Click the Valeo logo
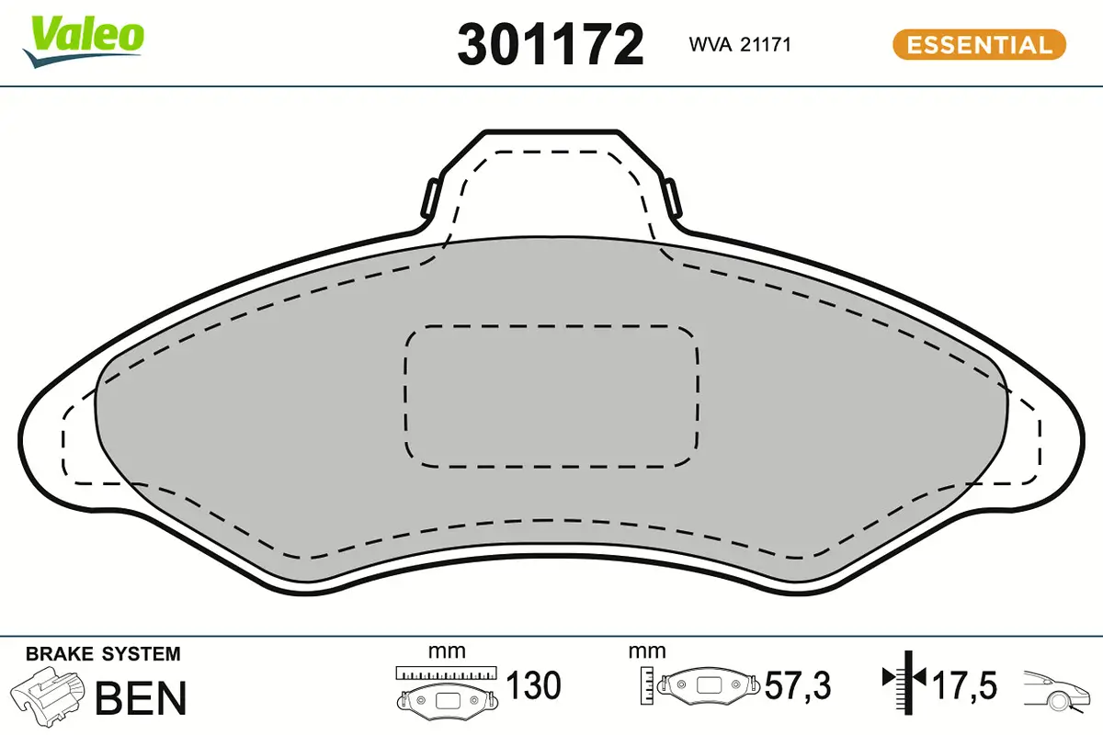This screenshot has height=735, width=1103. click(83, 41)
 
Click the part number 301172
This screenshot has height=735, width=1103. click(551, 44)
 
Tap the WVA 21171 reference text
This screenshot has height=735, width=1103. click(740, 45)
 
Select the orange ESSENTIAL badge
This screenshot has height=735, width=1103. click(980, 45)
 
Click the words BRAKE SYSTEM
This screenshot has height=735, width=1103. click(103, 654)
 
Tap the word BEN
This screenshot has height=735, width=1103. click(141, 697)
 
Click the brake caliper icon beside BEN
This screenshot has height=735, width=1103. click(47, 695)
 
